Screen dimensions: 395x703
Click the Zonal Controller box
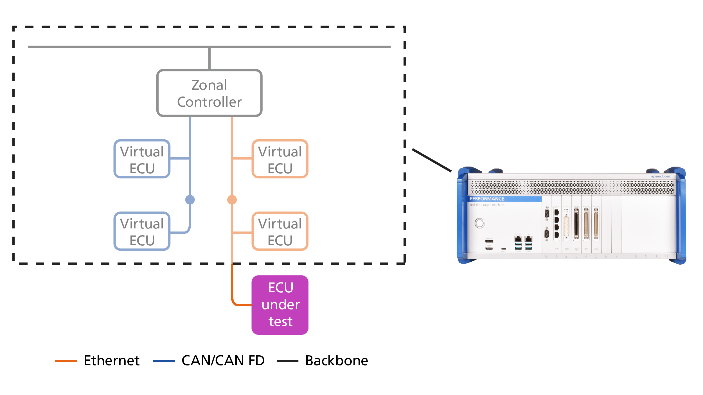point(209,93)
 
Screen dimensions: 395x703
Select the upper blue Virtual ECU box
point(142,159)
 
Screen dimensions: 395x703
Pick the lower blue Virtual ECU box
point(142,231)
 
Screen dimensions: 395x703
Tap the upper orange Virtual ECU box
point(280,159)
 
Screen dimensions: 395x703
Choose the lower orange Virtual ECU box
point(280,231)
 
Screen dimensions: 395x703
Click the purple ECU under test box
point(280,305)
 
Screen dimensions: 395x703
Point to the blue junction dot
point(190,200)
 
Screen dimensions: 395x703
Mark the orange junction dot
point(232,200)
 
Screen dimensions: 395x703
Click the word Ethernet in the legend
point(112,361)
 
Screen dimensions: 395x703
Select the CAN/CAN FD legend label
point(223,361)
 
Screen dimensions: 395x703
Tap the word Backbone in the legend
point(337,361)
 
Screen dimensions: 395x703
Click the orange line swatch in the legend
point(66,361)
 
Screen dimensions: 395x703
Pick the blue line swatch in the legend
point(164,361)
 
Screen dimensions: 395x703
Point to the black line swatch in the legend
point(287,361)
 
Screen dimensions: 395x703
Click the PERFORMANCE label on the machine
point(487,199)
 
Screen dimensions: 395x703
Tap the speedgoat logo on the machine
point(661,176)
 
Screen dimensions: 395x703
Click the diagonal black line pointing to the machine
point(432,160)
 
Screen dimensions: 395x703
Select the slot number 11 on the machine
point(666,256)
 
